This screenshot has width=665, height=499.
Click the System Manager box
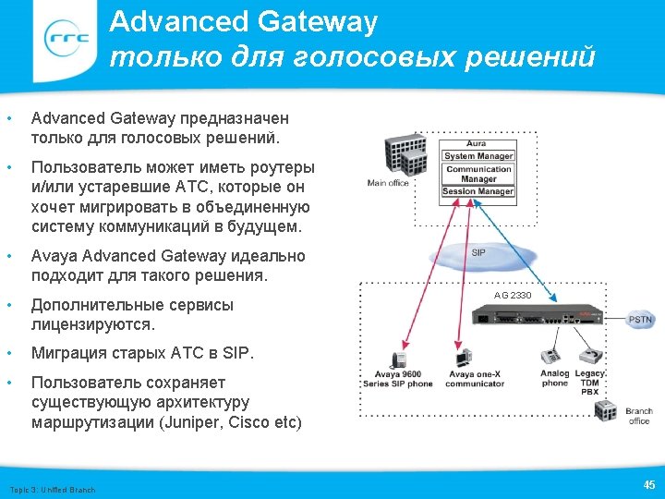click(478, 156)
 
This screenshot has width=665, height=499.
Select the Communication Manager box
click(478, 174)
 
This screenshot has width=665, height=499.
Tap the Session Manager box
click(478, 191)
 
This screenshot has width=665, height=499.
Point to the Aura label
click(477, 144)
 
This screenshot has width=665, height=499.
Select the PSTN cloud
click(640, 319)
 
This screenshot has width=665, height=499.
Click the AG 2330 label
click(513, 295)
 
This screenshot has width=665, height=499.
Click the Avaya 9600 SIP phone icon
click(399, 359)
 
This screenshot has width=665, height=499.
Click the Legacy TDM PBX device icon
click(589, 355)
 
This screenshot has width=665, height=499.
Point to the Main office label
click(388, 183)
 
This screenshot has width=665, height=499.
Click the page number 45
click(648, 485)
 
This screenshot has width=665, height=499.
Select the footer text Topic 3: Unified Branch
click(52, 489)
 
